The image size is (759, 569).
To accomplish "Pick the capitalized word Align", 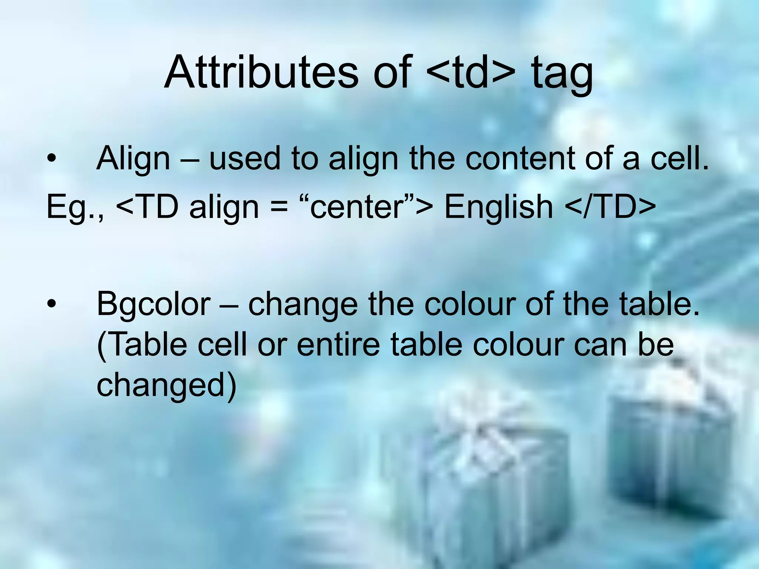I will click(133, 159).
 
